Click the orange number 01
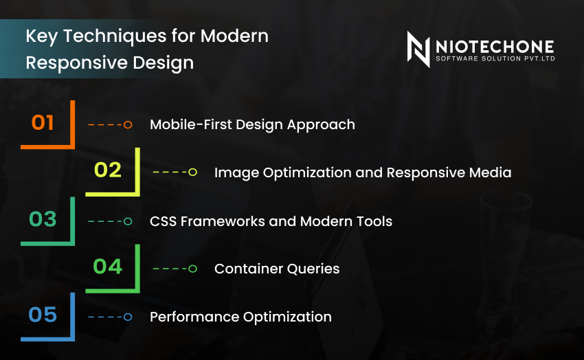point(43,123)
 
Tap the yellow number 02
point(108,170)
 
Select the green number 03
point(43,219)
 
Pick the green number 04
point(107,267)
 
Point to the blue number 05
point(43,315)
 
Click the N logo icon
point(418,49)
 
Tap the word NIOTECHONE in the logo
point(494,45)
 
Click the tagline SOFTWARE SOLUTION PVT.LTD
point(495,59)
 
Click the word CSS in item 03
point(164,221)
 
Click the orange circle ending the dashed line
point(128,125)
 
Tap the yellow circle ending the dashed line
point(192,172)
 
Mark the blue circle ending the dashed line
point(128,317)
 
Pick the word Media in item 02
point(491,172)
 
